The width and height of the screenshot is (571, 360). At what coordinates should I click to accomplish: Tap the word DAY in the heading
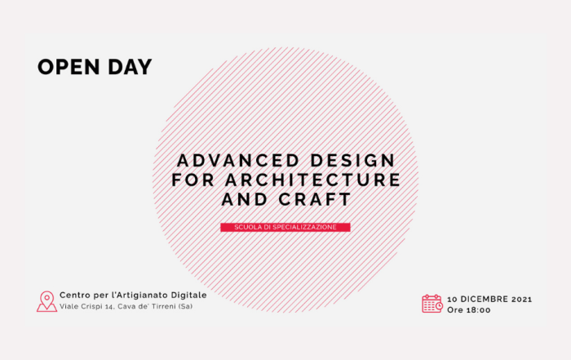click(x=130, y=67)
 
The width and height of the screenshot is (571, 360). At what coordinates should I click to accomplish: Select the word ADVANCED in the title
click(x=238, y=160)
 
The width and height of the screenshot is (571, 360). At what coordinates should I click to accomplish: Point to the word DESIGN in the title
click(x=353, y=160)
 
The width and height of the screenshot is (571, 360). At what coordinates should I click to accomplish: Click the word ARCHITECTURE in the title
click(x=313, y=180)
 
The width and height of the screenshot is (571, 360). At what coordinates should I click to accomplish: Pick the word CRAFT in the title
click(x=315, y=199)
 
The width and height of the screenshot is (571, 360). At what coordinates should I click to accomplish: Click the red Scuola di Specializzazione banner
click(x=285, y=228)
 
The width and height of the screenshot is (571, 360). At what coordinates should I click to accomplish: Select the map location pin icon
click(x=46, y=302)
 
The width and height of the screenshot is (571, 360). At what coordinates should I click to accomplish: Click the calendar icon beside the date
click(x=432, y=304)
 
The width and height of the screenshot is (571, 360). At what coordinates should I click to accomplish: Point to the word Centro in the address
click(x=73, y=296)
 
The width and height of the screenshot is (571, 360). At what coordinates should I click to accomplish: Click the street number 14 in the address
click(x=109, y=307)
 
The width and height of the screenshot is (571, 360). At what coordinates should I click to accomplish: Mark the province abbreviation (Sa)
click(x=185, y=306)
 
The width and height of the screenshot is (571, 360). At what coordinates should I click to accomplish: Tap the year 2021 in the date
click(x=522, y=299)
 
